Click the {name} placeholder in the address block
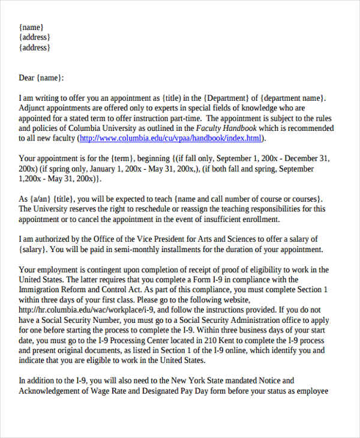click(31, 27)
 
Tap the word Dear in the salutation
click(28, 77)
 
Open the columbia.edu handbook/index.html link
click(171, 139)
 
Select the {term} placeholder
click(122, 159)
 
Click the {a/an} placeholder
click(41, 199)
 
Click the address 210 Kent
click(230, 340)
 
